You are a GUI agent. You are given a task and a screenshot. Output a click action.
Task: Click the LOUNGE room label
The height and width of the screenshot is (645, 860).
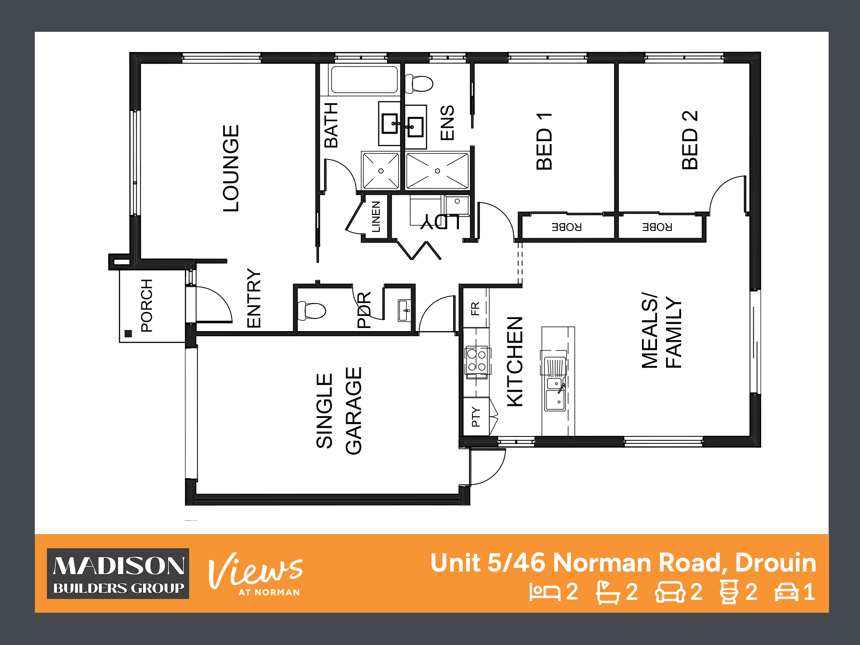(x=231, y=168)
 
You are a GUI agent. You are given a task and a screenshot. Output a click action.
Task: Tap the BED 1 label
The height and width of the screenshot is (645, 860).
(x=544, y=141)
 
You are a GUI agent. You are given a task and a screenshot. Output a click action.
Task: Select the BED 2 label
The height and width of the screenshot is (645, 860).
(x=690, y=140)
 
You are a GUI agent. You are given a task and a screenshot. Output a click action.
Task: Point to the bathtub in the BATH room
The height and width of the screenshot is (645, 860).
(x=364, y=80)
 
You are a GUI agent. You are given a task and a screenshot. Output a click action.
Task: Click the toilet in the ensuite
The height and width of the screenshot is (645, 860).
(x=419, y=83)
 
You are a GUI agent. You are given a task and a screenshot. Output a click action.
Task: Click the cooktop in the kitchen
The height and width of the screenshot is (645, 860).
(x=477, y=361)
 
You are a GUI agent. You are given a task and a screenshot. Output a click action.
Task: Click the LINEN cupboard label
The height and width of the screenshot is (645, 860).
(x=376, y=217)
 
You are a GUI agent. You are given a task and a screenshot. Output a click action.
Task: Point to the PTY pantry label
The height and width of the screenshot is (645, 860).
(x=476, y=417)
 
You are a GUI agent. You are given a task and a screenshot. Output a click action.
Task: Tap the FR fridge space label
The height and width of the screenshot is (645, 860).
(x=475, y=309)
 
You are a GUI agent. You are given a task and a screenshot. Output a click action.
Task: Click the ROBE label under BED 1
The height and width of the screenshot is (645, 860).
(x=567, y=227)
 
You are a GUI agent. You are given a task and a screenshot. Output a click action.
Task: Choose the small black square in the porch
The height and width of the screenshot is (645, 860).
(x=128, y=333)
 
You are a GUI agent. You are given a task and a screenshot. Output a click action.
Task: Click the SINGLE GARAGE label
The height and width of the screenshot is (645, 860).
(x=339, y=411)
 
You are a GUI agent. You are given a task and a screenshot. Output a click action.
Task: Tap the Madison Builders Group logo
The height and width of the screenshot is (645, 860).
(x=118, y=574)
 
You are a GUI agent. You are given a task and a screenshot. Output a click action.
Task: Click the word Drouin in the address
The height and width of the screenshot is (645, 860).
(x=776, y=562)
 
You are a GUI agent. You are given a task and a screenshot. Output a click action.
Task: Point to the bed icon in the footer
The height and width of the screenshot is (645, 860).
(x=545, y=592)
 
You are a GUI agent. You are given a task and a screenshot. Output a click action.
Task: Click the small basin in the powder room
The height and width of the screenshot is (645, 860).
(x=404, y=310)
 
